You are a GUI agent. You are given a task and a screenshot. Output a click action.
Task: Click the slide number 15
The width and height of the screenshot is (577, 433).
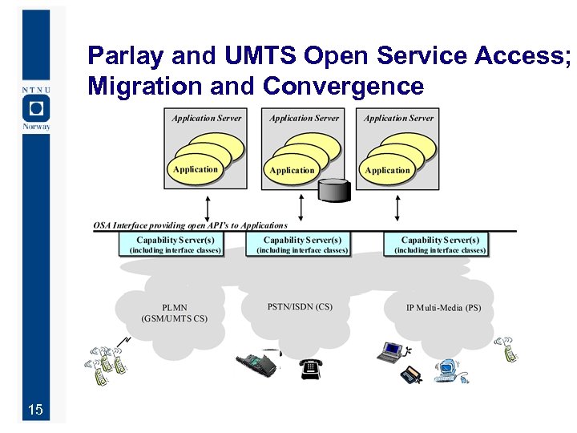pos(34,411)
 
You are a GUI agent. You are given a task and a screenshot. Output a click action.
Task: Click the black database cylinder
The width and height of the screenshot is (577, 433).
pos(335,190)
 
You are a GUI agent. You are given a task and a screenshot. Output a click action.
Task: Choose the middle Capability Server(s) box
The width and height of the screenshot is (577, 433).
pos(302,245)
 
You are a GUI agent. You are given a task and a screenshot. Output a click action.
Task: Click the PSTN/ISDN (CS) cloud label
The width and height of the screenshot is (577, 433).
pos(300,306)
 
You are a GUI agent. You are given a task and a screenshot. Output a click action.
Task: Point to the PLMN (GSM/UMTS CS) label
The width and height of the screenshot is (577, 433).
pos(174,313)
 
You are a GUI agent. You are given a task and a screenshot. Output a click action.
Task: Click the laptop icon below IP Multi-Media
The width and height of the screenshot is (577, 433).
pos(392,350)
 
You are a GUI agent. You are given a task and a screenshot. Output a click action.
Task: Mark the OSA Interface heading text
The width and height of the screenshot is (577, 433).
pos(190,225)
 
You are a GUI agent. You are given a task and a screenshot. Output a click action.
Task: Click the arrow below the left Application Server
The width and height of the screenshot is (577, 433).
pos(208,204)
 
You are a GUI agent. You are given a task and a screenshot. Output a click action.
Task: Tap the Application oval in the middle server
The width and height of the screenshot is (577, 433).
pos(292,170)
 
